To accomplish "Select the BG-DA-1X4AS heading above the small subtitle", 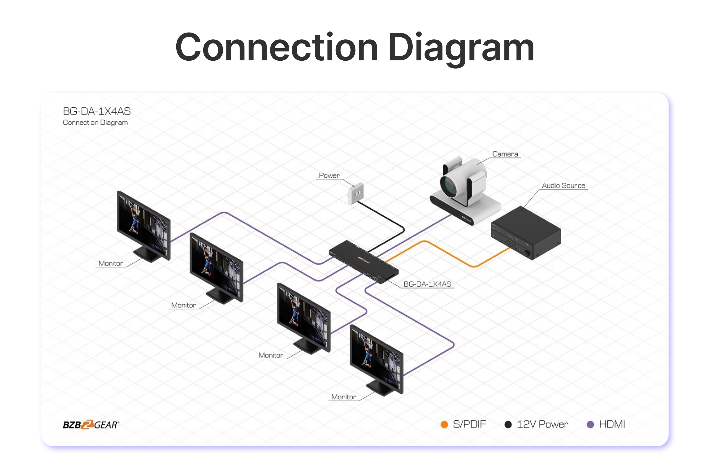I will click(96, 111).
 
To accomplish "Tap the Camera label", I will click(505, 154).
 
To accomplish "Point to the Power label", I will click(329, 176).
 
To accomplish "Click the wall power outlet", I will click(356, 193).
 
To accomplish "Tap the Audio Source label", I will click(563, 186).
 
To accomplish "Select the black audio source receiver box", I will click(526, 232).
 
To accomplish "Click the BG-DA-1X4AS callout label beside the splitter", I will click(427, 284).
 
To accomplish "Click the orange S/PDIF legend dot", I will click(444, 424).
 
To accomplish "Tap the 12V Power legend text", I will click(542, 424).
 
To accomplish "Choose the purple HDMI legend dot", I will click(590, 424).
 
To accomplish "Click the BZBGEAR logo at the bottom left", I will click(91, 425).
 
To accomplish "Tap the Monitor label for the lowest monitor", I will click(343, 397).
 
